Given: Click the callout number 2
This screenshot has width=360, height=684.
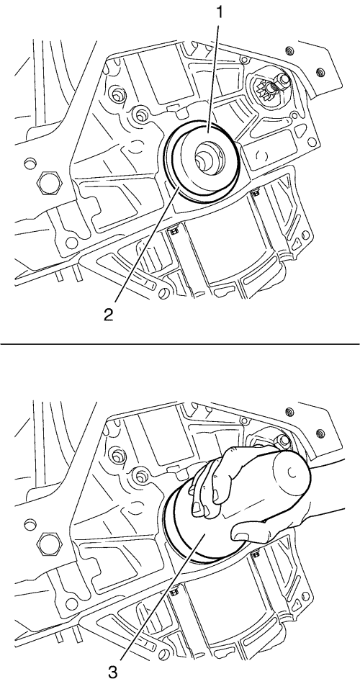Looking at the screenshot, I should tap(107, 316).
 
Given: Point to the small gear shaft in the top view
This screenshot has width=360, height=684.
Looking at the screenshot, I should tap(268, 89).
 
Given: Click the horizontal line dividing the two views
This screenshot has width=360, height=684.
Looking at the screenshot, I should tap(180, 344).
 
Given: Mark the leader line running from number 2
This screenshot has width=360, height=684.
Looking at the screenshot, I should tap(144, 245).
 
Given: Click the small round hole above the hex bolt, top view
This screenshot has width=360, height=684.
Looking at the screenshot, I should tap(30, 161).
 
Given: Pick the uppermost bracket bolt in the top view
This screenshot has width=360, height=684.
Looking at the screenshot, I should tap(289, 51).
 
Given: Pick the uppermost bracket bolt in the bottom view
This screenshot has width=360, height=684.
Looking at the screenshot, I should tap(289, 411).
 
